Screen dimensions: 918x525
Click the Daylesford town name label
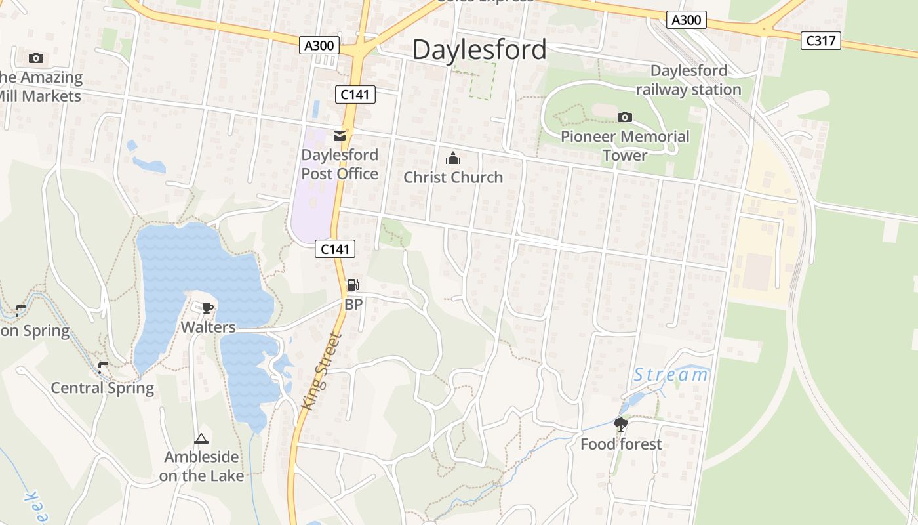479,50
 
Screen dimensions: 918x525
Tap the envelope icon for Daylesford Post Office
340,136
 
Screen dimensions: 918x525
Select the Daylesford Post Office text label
340,164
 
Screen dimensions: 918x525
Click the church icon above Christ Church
453,158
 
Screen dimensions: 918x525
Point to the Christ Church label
453,177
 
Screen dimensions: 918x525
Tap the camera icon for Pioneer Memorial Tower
625,117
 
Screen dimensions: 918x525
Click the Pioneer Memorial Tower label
625,146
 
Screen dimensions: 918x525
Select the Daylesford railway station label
688,80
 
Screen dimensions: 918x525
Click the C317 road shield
821,41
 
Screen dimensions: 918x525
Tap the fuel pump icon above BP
353,285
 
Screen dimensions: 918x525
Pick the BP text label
353,304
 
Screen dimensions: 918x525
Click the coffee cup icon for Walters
208,308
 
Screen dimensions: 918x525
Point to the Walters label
208,327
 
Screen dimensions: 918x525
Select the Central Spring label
102,388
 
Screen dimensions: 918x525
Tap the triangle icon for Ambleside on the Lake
201,438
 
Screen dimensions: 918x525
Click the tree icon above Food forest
620,425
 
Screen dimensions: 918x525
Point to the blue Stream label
671,375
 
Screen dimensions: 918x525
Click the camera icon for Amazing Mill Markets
36,58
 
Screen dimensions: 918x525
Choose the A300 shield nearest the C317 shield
687,20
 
